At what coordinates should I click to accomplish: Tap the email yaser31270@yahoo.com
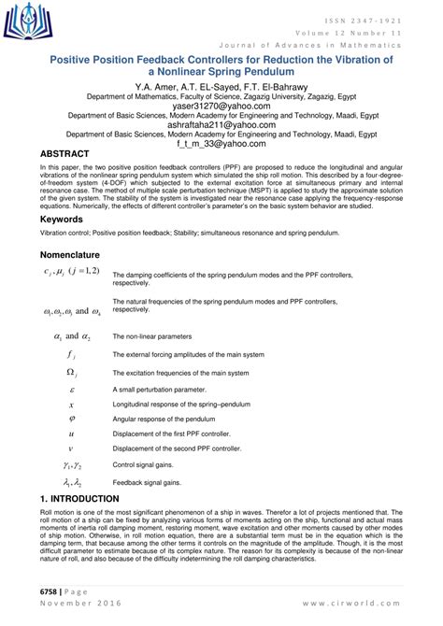coord(221,107)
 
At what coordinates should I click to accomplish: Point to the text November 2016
coord(74,605)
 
